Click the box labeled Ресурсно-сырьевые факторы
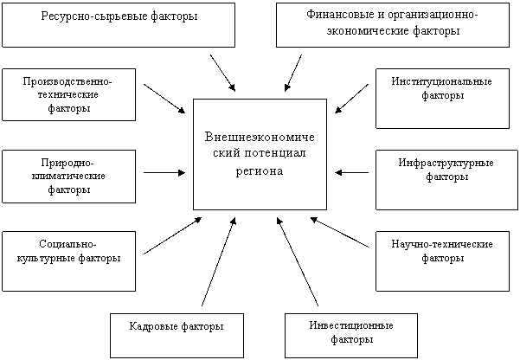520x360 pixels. tap(119, 25)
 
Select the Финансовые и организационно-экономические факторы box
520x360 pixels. tap(393, 25)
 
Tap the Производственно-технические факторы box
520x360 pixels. tap(68, 94)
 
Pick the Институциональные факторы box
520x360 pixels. tap(442, 99)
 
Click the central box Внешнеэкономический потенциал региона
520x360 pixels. tap(260, 154)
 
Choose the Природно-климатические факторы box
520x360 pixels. tap(68, 177)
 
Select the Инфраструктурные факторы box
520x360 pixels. tap(446, 180)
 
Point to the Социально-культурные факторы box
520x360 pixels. tap(68, 261)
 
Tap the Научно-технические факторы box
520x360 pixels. tap(442, 261)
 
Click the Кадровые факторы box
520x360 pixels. tap(177, 336)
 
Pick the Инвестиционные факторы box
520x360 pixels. tap(351, 336)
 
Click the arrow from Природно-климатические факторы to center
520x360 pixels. tap(164, 172)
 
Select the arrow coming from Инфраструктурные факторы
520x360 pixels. tap(351, 172)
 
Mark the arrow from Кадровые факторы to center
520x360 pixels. tap(219, 262)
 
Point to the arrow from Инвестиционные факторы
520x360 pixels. tap(298, 262)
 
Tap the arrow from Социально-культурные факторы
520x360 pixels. tap(172, 235)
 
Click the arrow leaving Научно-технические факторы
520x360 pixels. tap(339, 232)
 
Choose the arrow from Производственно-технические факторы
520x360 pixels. tap(164, 99)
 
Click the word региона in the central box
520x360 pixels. tap(260, 171)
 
